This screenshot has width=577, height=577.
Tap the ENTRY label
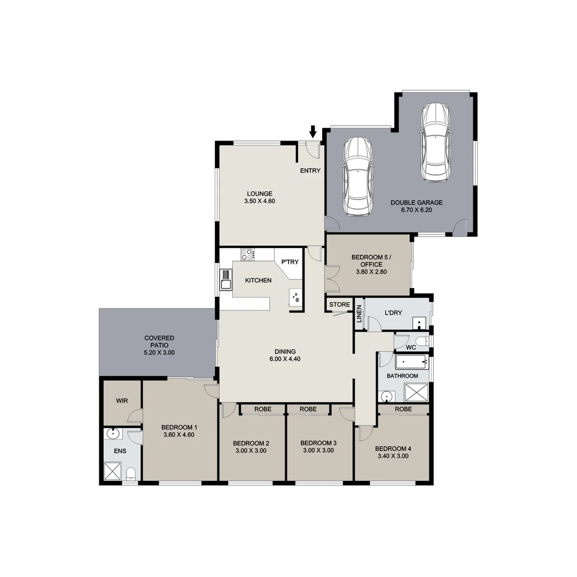click(x=310, y=171)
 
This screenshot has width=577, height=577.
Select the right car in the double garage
click(x=435, y=142)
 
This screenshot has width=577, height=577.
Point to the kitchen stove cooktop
click(x=247, y=254)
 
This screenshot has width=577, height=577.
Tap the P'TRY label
click(x=290, y=262)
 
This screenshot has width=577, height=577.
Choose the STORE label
click(x=339, y=305)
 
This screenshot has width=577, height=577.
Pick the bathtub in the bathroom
click(x=411, y=362)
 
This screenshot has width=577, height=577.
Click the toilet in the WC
click(x=422, y=341)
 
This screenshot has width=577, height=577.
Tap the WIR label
click(x=122, y=401)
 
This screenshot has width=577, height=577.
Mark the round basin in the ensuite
click(x=113, y=434)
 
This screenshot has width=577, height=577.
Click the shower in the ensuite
click(x=113, y=472)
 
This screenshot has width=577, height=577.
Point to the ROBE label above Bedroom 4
click(x=403, y=409)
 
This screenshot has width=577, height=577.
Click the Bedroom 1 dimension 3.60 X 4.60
click(x=180, y=435)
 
